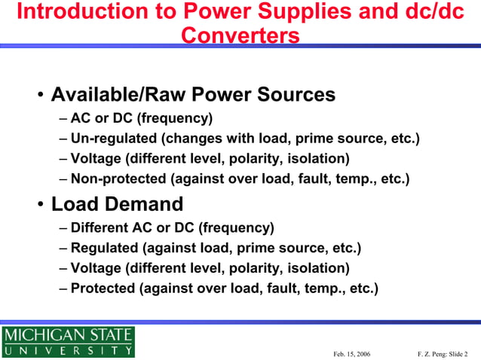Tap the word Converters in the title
pos(240,35)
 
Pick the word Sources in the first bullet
pos(296,95)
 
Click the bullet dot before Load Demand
pos(40,206)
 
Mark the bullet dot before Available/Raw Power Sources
pos(40,96)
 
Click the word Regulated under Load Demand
pos(106,248)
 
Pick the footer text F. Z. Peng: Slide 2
pos(448,353)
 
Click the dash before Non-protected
pos(63,179)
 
